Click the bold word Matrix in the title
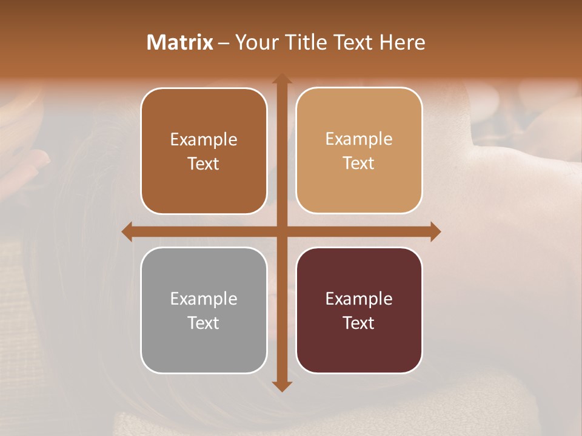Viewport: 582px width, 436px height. tap(180, 42)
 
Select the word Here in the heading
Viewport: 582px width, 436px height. tap(402, 42)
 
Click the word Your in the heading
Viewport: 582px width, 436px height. tap(255, 42)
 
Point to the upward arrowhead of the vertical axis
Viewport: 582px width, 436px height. tap(281, 79)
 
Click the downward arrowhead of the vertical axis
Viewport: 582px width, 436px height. tap(281, 386)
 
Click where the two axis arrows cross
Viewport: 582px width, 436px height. tap(281, 231)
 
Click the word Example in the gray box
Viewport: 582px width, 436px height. tap(204, 299)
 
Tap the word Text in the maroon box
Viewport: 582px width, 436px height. tap(359, 323)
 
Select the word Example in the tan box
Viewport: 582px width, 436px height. tap(359, 139)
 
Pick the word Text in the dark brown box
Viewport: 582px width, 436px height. tap(204, 163)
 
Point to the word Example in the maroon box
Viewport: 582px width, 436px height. tap(359, 299)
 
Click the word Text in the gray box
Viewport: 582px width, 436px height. tap(204, 323)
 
